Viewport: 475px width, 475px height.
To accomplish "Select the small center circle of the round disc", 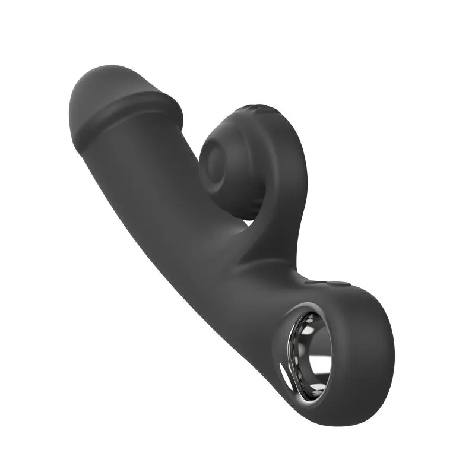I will click(214, 161).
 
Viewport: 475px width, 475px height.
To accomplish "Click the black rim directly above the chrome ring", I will click(321, 300).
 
